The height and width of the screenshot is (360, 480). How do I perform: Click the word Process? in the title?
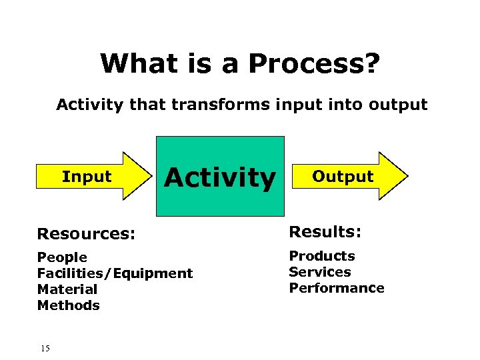[314, 64]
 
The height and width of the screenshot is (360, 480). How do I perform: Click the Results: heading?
[325, 232]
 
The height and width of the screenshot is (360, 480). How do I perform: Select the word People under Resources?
[62, 257]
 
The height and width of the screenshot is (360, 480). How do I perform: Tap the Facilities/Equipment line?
[115, 273]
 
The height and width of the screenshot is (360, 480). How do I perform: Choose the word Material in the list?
[67, 289]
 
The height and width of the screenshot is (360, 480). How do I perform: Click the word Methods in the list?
[69, 305]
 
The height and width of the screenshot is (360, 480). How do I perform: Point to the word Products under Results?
[321, 256]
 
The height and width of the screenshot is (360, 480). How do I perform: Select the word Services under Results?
[319, 272]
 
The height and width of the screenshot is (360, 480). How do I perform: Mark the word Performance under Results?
[336, 288]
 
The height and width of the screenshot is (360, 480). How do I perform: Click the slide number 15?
[45, 348]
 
